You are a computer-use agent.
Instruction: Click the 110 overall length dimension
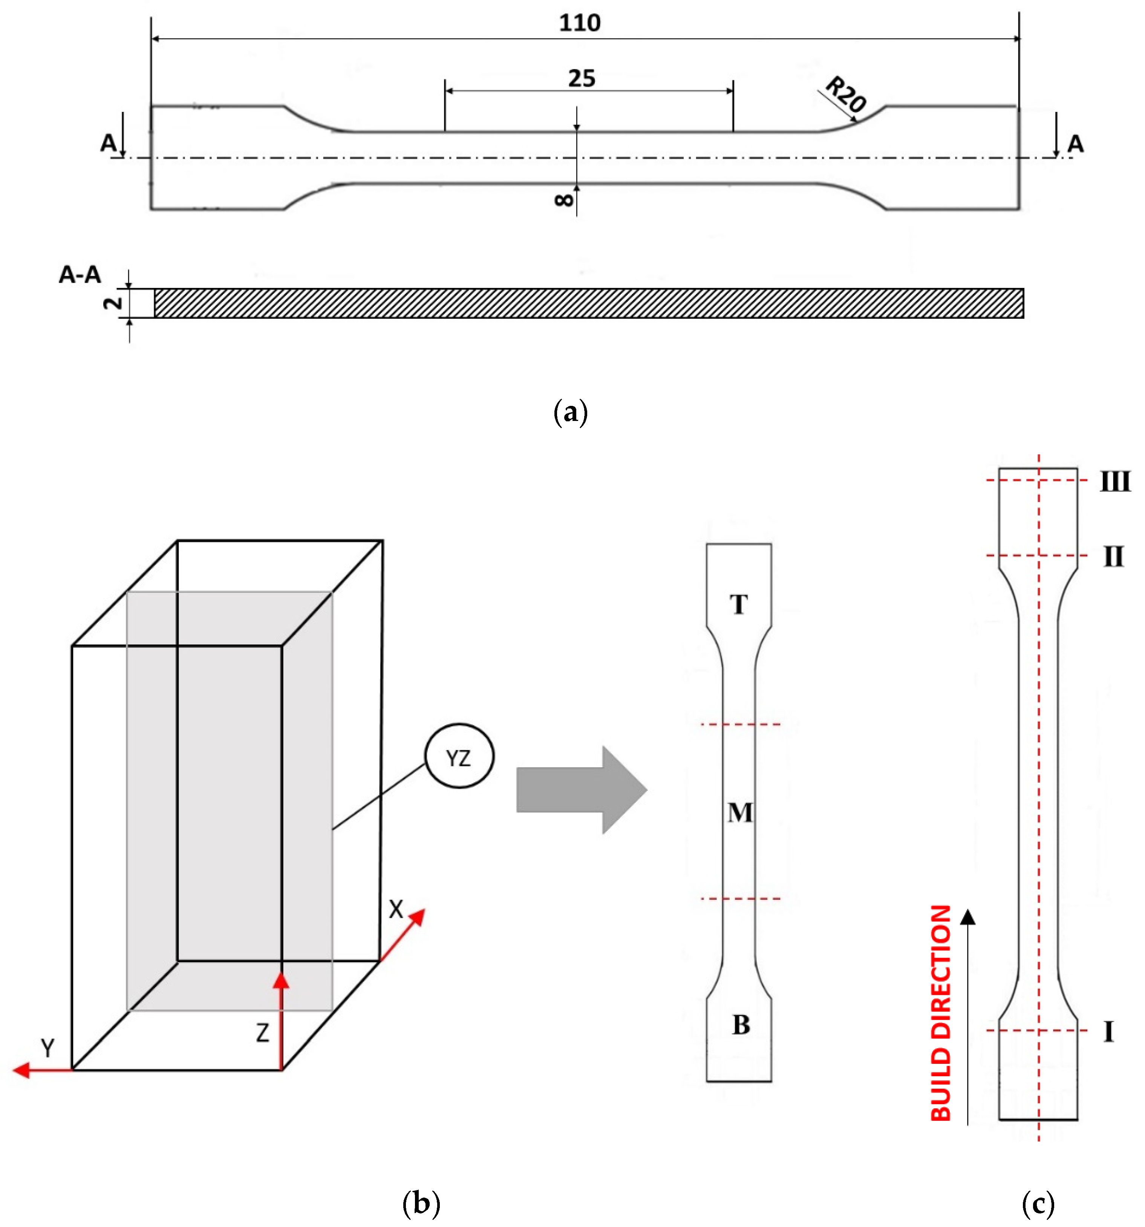coord(579,23)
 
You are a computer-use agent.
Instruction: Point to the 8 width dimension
coord(563,199)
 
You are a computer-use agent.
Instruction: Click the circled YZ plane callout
coord(459,757)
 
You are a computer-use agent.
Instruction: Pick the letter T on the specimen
coord(738,604)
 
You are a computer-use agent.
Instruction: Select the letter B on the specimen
coord(740,1025)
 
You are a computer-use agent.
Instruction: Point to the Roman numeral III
coord(1115,482)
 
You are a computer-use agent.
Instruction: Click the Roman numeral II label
coord(1113,557)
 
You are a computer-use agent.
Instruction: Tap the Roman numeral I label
coord(1108,1031)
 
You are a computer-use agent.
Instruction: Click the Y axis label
coord(47,1047)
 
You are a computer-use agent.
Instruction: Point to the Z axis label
coord(262,1033)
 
